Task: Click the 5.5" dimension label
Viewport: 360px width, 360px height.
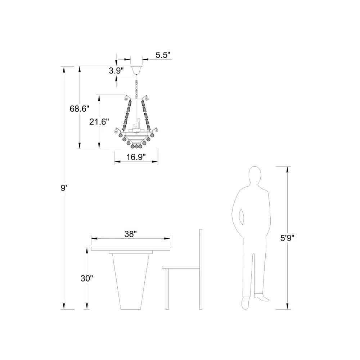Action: (163, 55)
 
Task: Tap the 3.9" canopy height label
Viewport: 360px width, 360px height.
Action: (116, 71)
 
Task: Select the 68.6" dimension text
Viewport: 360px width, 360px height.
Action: (80, 109)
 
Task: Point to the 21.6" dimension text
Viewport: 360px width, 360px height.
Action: (99, 122)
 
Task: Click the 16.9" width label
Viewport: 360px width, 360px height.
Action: (136, 157)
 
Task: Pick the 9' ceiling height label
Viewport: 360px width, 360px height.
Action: (64, 188)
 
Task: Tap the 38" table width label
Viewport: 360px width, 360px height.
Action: (131, 234)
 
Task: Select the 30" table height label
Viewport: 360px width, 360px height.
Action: (87, 279)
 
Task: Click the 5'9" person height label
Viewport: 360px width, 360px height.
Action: (287, 238)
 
